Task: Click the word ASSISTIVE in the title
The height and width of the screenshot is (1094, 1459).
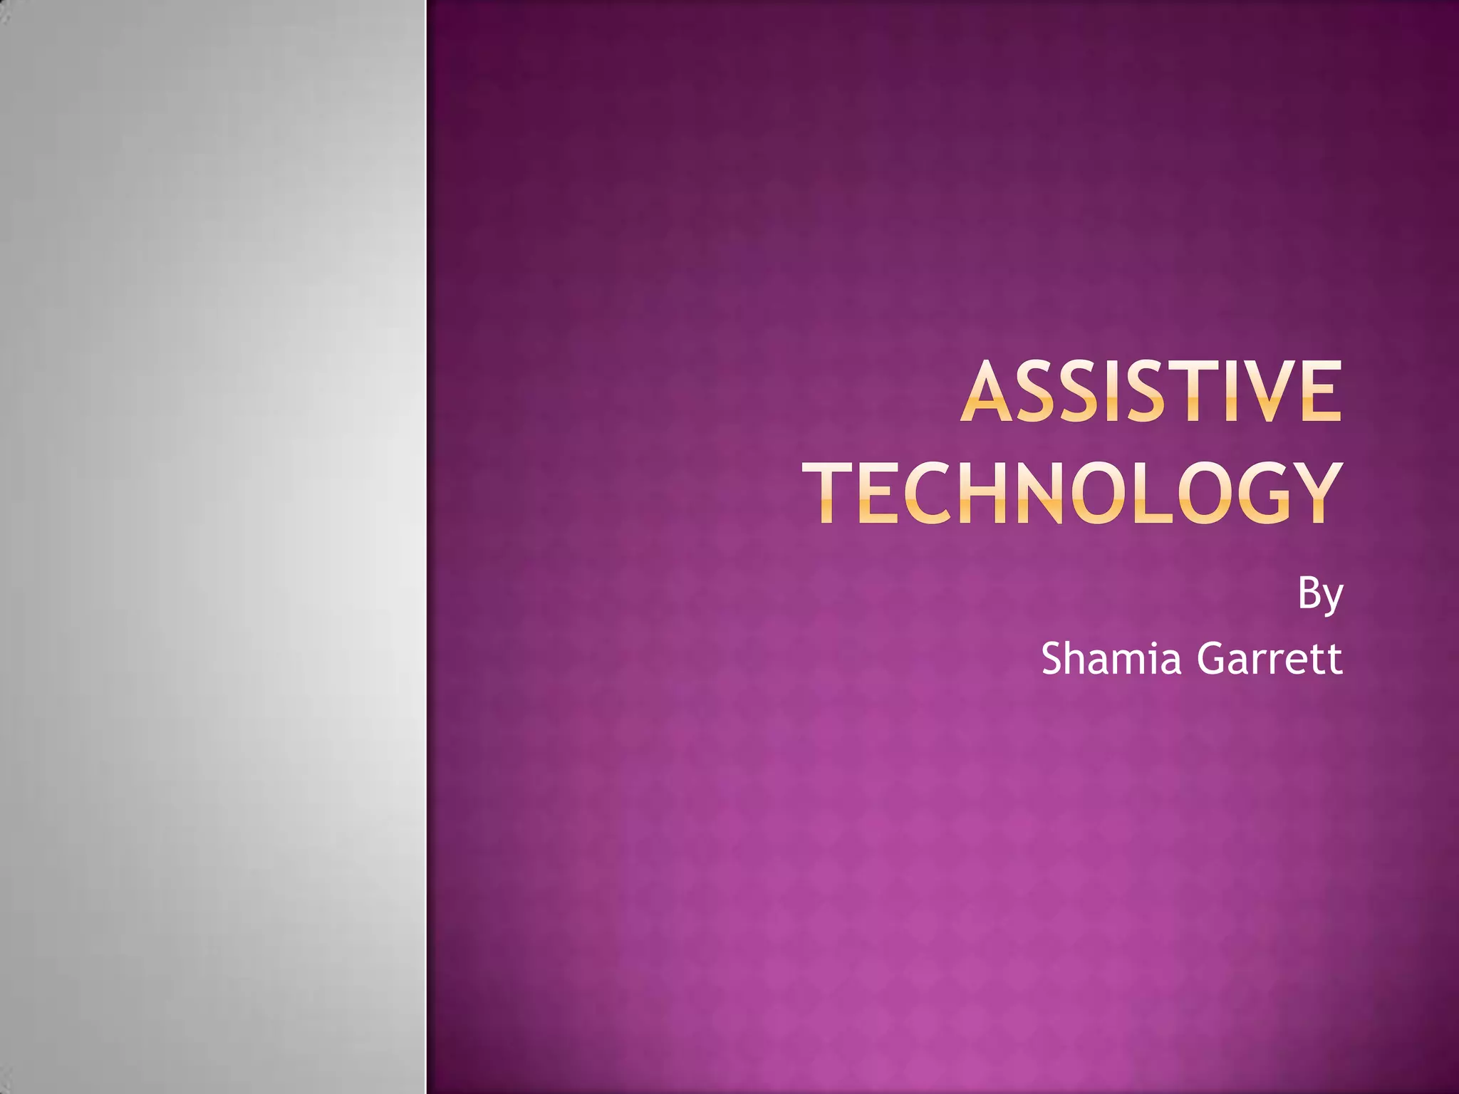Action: [1151, 392]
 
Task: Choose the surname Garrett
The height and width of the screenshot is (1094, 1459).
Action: [1270, 658]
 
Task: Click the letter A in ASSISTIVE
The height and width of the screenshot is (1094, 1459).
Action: [989, 392]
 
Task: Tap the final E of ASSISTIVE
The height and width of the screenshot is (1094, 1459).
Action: [1319, 392]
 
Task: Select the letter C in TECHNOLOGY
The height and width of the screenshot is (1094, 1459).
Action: [927, 493]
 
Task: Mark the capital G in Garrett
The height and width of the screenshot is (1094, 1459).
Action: [1212, 658]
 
